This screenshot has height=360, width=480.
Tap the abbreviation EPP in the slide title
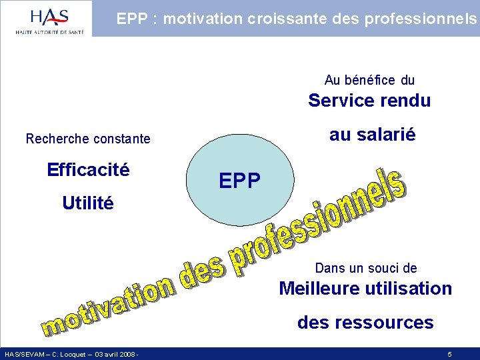(x=131, y=19)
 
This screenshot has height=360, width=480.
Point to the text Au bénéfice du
(x=369, y=80)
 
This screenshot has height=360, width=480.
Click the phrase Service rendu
(x=369, y=101)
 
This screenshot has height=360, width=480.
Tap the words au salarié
(x=372, y=135)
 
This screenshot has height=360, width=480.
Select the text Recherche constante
(x=88, y=139)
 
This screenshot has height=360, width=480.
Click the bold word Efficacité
(x=88, y=170)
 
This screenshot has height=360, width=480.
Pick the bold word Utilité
(x=88, y=203)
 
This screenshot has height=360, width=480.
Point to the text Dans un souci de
(x=366, y=268)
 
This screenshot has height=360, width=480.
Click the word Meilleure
(x=319, y=289)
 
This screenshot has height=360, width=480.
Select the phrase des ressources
(x=365, y=323)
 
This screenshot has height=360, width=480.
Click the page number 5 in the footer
(x=450, y=354)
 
